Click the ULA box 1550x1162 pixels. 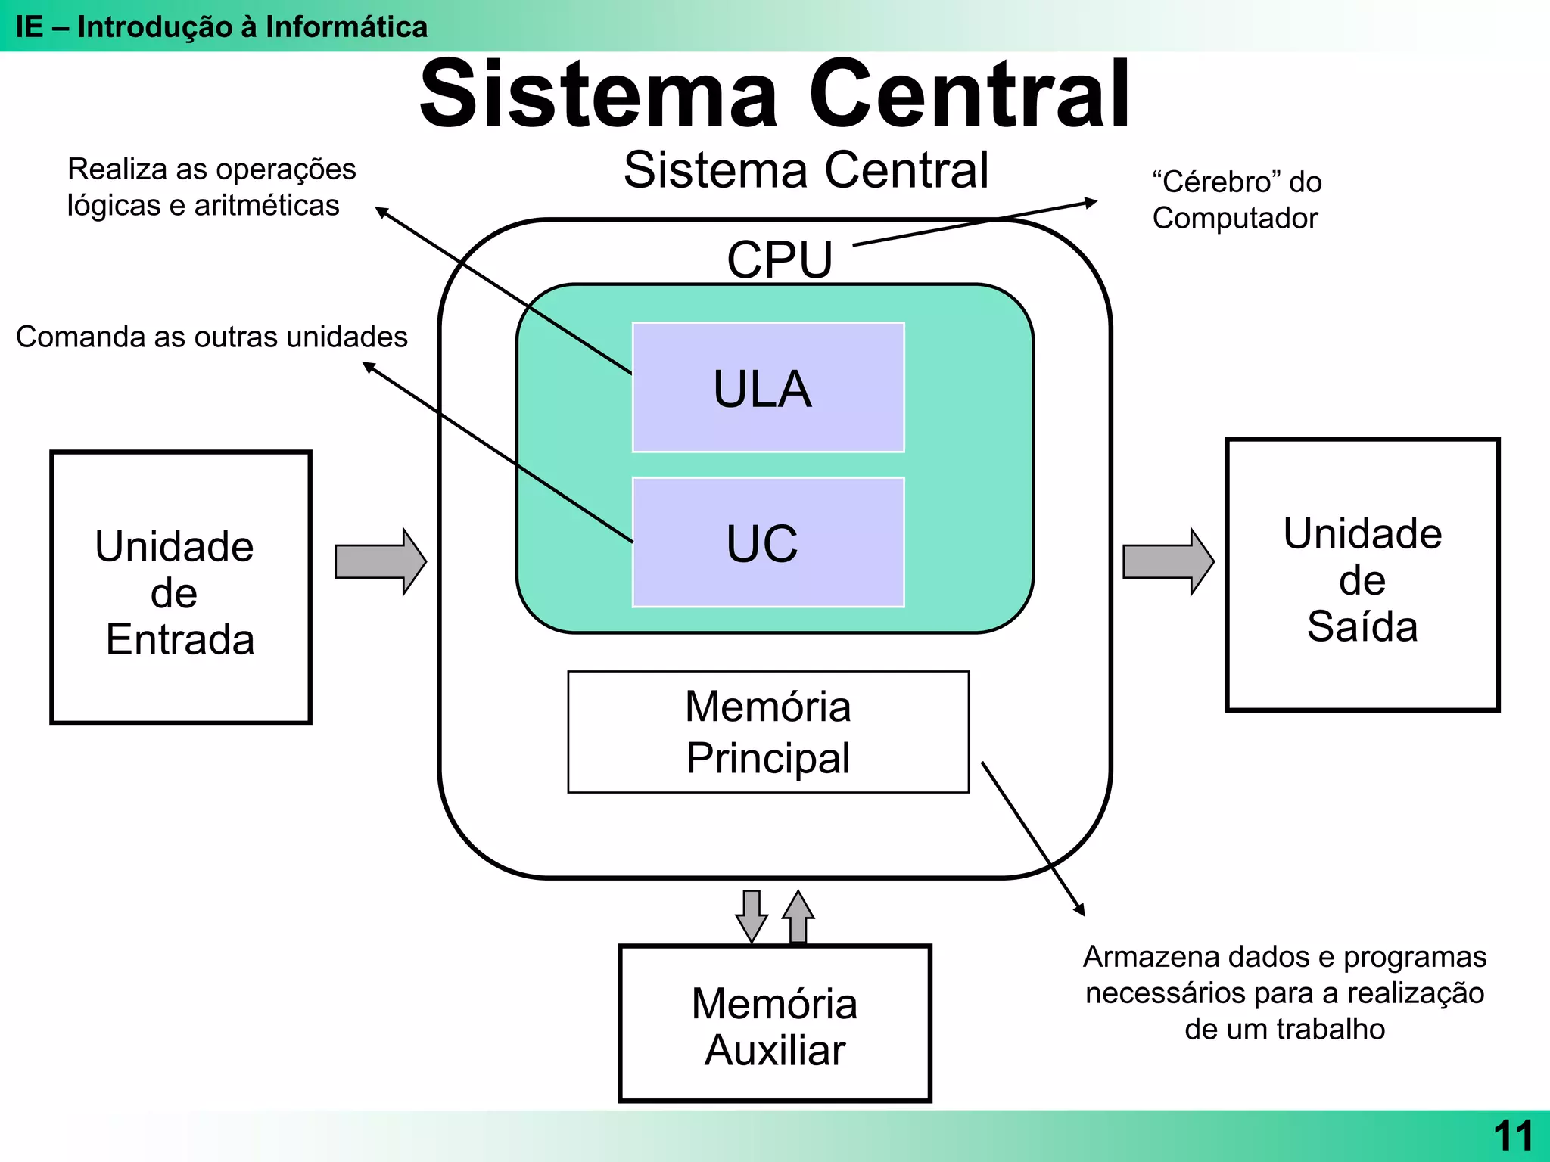click(x=768, y=387)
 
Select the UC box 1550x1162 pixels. click(x=768, y=542)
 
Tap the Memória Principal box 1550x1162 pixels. click(x=768, y=732)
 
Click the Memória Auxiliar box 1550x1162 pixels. click(x=774, y=1024)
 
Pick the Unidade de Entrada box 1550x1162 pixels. click(x=180, y=588)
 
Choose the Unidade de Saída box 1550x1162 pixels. click(x=1362, y=575)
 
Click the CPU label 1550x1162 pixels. click(x=780, y=259)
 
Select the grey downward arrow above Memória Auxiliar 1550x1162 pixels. click(x=751, y=915)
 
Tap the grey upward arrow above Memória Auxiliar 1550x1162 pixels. click(x=798, y=917)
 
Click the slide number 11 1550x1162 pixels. click(x=1512, y=1136)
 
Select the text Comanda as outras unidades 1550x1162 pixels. click(x=212, y=337)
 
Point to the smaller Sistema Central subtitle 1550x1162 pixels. click(x=806, y=169)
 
